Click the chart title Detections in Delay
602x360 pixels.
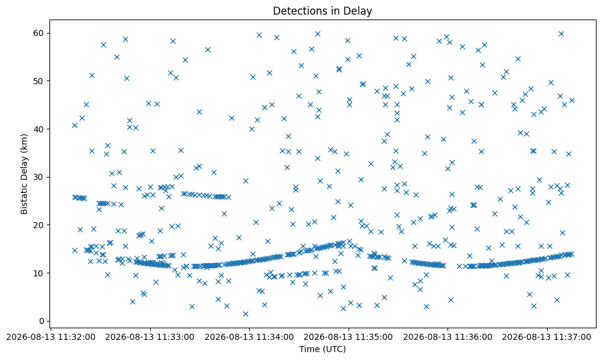pos(322,11)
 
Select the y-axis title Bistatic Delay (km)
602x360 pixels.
pos(24,174)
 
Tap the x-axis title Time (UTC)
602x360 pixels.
pos(322,349)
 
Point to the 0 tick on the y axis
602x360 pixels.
pos(42,321)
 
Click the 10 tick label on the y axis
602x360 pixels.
pos(40,273)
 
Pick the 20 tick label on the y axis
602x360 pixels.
pos(40,225)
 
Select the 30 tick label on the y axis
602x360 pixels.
pos(40,177)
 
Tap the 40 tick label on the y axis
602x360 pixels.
pos(40,129)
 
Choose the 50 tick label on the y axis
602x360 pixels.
pos(40,81)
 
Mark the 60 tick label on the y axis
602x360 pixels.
pos(40,33)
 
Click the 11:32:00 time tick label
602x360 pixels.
pos(51,337)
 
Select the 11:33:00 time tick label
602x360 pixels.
pos(150,337)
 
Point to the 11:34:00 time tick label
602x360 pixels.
pos(249,337)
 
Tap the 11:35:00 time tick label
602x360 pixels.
pos(349,337)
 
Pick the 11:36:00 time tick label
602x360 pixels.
pos(448,337)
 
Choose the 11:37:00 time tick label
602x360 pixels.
pos(546,337)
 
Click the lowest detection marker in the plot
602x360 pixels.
pos(245,314)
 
